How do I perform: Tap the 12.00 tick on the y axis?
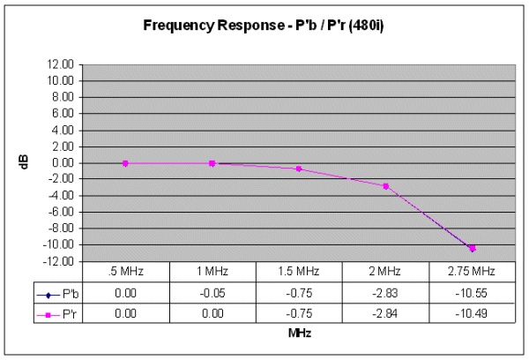tap(61, 64)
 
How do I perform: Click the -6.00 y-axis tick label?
tap(61, 212)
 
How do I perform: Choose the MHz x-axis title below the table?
tap(299, 334)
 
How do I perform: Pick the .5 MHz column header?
tap(125, 270)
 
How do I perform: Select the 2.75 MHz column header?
tap(473, 270)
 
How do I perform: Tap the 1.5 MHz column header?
tap(299, 270)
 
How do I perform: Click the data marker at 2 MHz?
tap(386, 185)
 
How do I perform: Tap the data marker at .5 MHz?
tap(125, 162)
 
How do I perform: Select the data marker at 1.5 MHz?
tap(299, 169)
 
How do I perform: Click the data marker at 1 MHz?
tap(212, 162)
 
